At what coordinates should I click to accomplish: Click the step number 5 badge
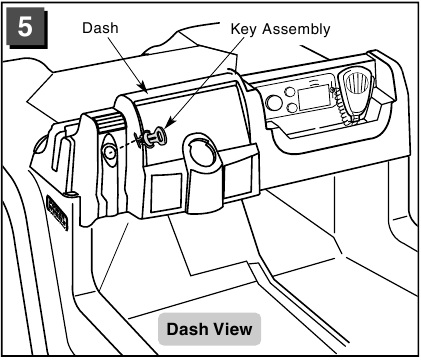(26, 27)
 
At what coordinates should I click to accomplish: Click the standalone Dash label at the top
(100, 28)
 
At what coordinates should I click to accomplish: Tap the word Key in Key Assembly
(244, 29)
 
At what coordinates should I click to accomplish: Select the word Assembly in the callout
(296, 29)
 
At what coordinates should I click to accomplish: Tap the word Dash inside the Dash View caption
(187, 329)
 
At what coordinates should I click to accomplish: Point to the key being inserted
(152, 137)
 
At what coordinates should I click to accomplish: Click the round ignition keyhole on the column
(109, 153)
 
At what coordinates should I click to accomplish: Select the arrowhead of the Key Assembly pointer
(168, 123)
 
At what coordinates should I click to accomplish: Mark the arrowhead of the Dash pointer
(143, 87)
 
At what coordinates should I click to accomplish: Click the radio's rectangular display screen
(314, 97)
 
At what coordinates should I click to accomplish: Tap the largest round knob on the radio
(274, 102)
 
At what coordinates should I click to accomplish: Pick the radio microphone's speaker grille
(358, 83)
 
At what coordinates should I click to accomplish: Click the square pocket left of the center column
(167, 193)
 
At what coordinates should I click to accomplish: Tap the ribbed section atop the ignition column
(107, 122)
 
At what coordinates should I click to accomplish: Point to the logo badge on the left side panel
(57, 213)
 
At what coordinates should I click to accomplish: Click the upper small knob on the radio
(290, 92)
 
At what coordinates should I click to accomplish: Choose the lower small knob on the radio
(292, 107)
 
